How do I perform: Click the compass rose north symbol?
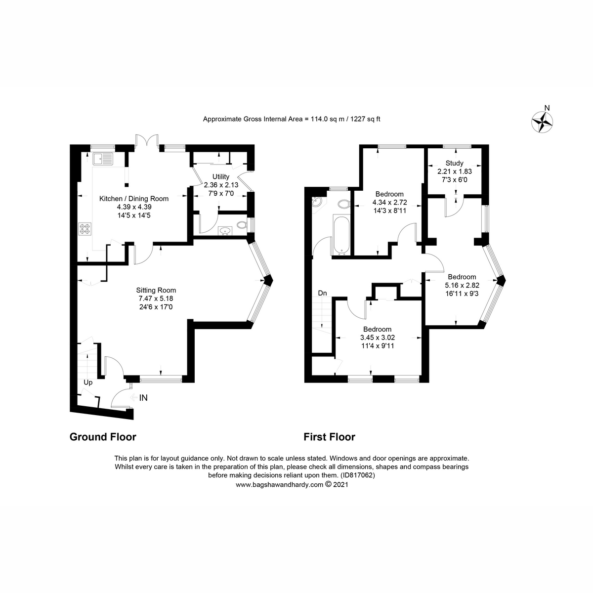coord(543,121)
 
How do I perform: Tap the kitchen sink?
coord(103,159)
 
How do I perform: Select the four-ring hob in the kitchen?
coord(85,229)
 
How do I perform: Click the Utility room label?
coord(221,177)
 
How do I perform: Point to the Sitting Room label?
coord(156,291)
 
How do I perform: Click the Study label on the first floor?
coord(454,163)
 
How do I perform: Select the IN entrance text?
coord(143,397)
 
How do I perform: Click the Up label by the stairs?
coord(88,382)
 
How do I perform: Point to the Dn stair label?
coord(322,293)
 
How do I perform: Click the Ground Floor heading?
coord(103,437)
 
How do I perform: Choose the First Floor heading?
coord(329,437)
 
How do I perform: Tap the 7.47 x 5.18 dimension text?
coord(156,298)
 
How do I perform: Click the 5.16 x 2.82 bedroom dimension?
coord(462,285)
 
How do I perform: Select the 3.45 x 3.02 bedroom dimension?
coord(378,338)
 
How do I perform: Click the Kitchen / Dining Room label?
coord(134,199)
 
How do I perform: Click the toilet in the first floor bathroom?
coord(343,204)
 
